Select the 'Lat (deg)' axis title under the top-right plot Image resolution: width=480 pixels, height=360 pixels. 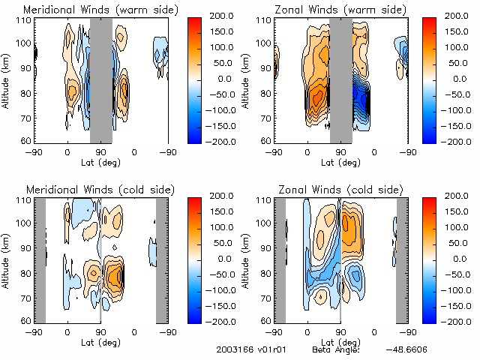point(340,161)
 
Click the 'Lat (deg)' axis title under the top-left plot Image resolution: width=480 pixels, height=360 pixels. point(100,161)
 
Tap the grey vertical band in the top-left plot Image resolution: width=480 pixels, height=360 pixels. point(101,80)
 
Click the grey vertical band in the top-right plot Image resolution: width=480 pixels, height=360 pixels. point(341,80)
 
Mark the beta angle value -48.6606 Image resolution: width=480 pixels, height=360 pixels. point(406,350)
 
